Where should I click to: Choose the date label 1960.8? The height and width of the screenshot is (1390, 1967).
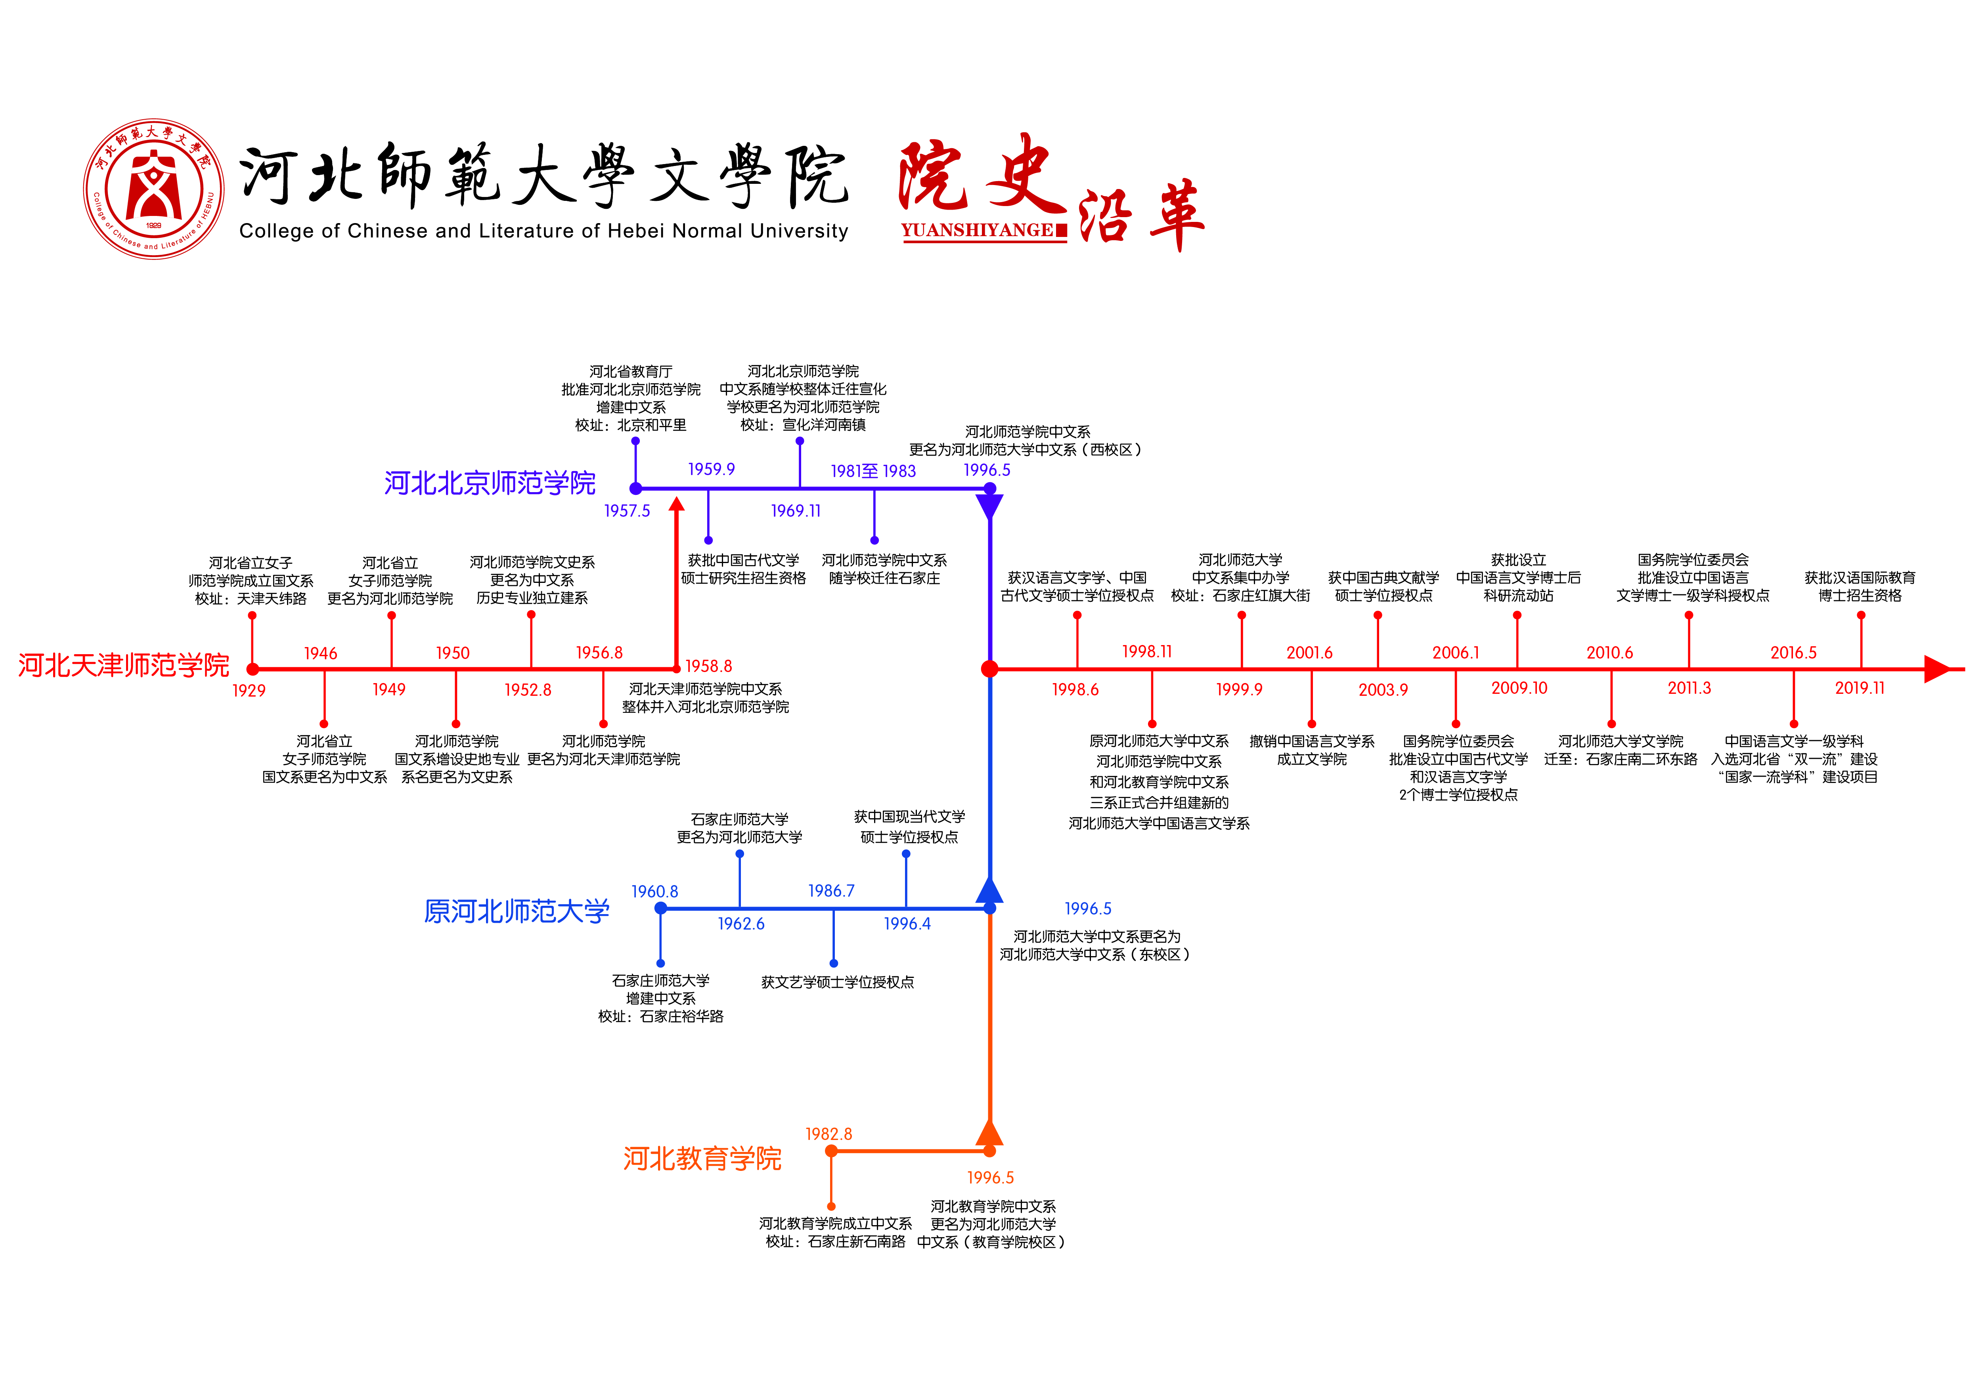[654, 892]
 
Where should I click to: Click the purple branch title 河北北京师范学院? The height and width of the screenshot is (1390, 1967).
[489, 483]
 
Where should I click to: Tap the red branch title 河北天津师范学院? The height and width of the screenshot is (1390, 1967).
[123, 665]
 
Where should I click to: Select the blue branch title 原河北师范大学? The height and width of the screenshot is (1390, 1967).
[517, 911]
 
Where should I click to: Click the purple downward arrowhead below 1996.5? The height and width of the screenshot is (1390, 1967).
[989, 507]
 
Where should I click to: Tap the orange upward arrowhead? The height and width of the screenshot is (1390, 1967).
[989, 1133]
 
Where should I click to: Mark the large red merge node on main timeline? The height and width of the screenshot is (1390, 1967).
[989, 669]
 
